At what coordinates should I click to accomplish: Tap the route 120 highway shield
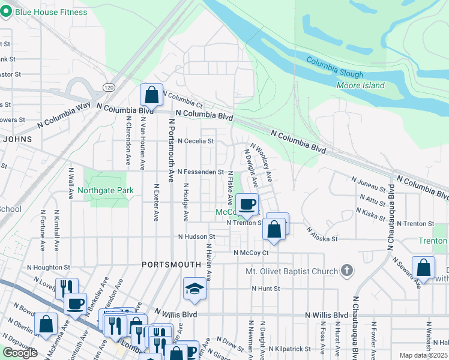point(108,88)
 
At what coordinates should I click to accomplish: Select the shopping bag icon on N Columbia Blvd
point(151,95)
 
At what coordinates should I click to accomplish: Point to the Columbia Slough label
point(335,67)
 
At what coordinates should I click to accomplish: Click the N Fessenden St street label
point(200,172)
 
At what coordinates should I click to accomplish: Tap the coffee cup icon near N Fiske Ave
point(247,205)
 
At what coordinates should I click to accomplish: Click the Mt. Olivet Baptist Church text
point(292,271)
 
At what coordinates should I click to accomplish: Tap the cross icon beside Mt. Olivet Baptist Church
point(346,271)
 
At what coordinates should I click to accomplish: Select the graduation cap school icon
point(194,289)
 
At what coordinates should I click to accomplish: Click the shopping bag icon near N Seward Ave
point(423,268)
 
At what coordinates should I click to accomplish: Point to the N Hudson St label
point(196,236)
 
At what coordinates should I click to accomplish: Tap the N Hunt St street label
point(266,289)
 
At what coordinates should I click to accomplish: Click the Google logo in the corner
point(20,353)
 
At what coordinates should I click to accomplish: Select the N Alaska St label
point(322,234)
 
